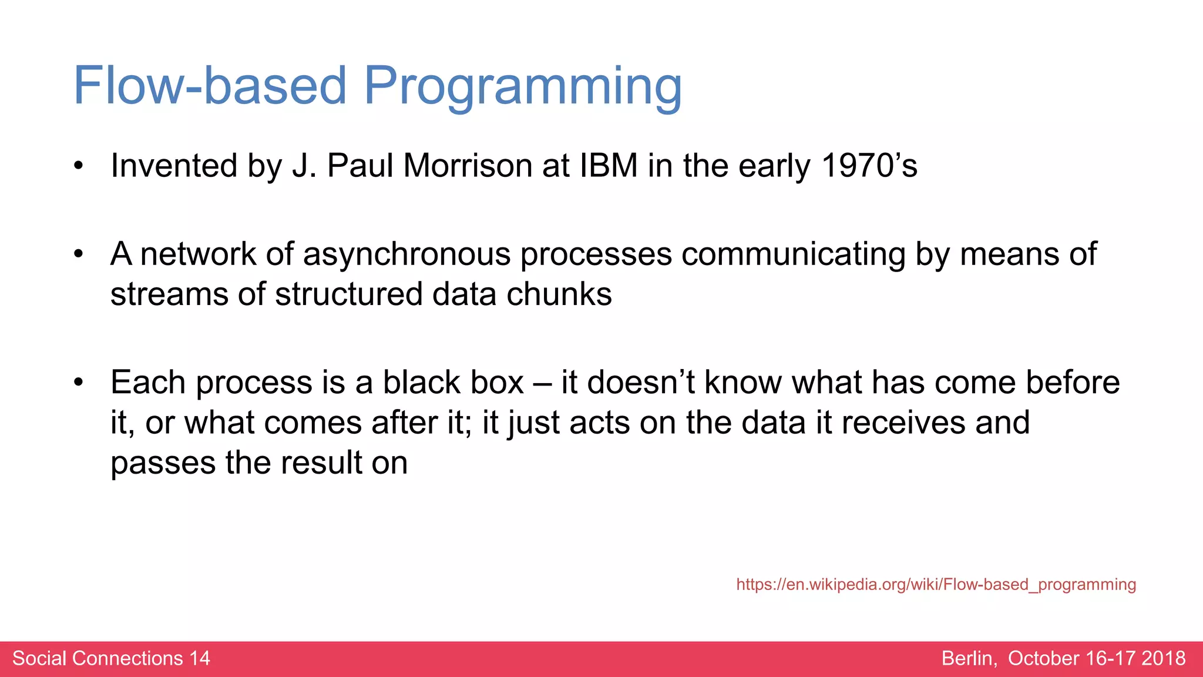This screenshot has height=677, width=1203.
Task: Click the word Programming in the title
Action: (x=522, y=87)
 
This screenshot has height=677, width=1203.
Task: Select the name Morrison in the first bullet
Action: (x=468, y=166)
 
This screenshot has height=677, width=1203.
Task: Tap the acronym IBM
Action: (x=609, y=166)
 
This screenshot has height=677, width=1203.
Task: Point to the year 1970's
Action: (x=869, y=166)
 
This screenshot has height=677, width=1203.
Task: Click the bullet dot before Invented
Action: (x=79, y=166)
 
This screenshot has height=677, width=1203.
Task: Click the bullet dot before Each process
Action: (x=79, y=383)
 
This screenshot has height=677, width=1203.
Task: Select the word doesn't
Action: (x=641, y=383)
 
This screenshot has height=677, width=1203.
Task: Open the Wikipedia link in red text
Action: (x=936, y=584)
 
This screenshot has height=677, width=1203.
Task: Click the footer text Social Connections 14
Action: (x=111, y=658)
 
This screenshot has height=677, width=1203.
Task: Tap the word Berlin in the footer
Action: (x=969, y=658)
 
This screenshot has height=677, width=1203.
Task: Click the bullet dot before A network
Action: (x=79, y=255)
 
